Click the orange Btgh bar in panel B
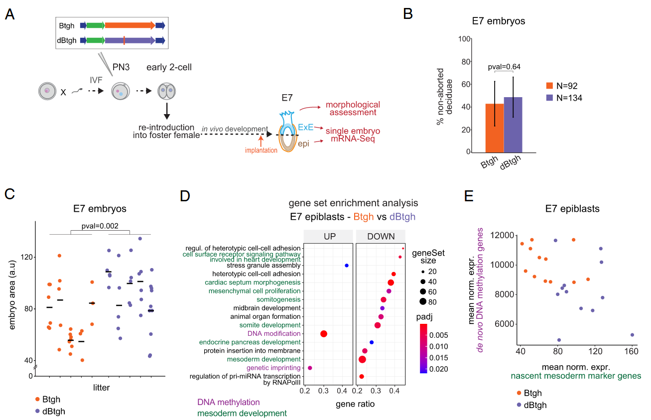(x=495, y=128)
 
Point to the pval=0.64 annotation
(x=504, y=67)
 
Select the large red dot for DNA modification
(x=324, y=334)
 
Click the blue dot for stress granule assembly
(x=346, y=266)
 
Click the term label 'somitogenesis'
(x=278, y=299)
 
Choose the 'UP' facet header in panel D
(x=328, y=236)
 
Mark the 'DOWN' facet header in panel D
(x=381, y=236)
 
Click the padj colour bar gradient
(x=424, y=348)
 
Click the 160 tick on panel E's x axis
(x=632, y=352)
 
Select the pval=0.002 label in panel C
(x=100, y=225)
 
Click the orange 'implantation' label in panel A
(x=261, y=150)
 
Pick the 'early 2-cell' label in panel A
(x=169, y=68)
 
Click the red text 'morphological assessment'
(x=353, y=109)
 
